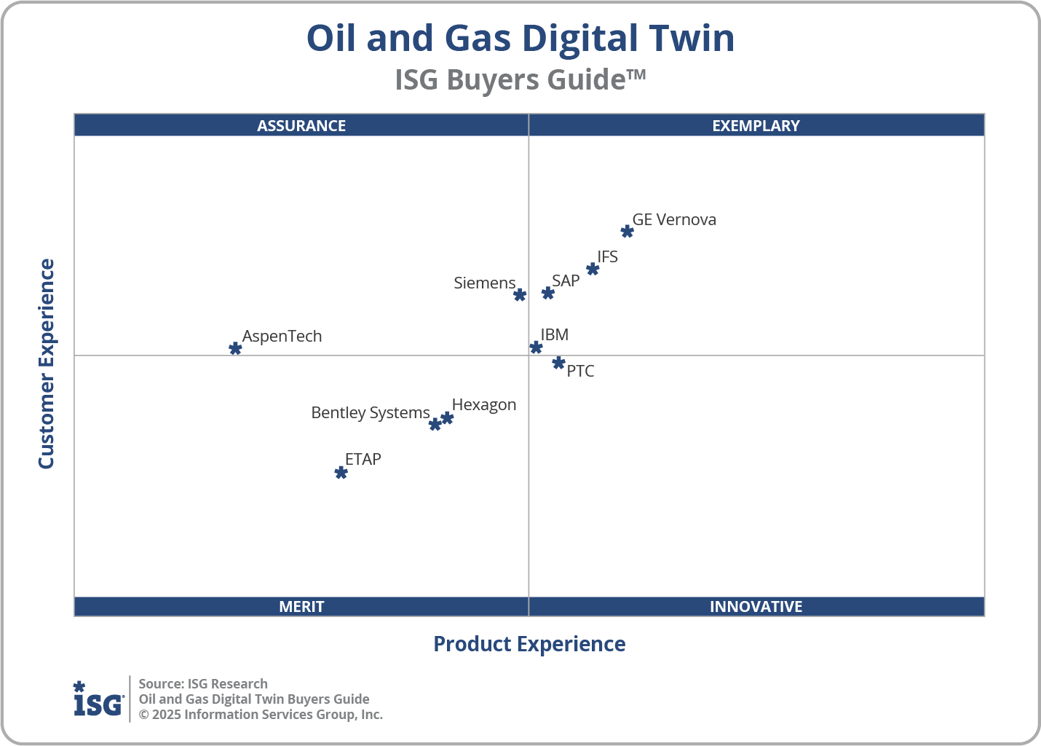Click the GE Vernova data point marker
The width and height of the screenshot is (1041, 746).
click(x=627, y=232)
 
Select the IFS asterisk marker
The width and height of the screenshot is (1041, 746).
click(x=593, y=270)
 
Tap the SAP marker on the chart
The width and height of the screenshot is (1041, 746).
click(x=548, y=293)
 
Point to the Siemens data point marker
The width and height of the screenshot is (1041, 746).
click(x=520, y=295)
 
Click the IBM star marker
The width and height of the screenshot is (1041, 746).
click(x=536, y=348)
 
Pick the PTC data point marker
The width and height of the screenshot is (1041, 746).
click(x=558, y=363)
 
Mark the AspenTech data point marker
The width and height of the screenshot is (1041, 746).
click(x=235, y=349)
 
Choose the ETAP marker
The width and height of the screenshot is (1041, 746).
click(x=341, y=473)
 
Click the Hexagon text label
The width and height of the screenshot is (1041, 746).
click(x=484, y=405)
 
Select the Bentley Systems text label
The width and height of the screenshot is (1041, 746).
click(x=371, y=413)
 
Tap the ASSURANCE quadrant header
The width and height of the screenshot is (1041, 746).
click(x=301, y=125)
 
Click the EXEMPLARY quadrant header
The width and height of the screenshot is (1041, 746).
click(x=756, y=125)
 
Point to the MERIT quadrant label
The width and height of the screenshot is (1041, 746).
click(x=301, y=607)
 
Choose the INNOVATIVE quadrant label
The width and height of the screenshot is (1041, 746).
click(x=756, y=607)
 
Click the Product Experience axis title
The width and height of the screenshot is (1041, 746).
click(x=529, y=644)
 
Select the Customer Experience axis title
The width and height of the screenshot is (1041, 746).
click(x=47, y=364)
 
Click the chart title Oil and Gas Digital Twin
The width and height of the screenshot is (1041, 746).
click(x=520, y=38)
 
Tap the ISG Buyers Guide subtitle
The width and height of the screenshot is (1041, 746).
click(x=520, y=80)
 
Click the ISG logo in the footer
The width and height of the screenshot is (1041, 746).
click(x=98, y=699)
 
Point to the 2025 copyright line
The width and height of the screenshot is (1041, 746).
click(x=261, y=715)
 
